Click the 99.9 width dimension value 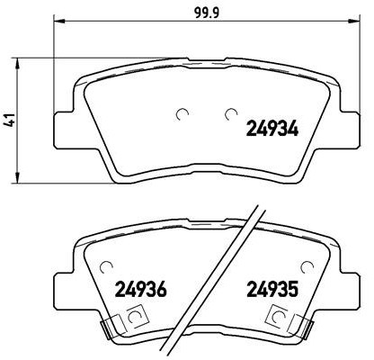(207, 13)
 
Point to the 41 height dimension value (11, 120)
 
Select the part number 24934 (272, 129)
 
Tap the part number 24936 (140, 290)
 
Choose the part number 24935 (272, 290)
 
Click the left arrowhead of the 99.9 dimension (59, 21)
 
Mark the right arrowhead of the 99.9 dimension (352, 21)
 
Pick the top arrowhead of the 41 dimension (18, 64)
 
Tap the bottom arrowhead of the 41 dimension (18, 176)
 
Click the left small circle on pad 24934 (183, 113)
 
